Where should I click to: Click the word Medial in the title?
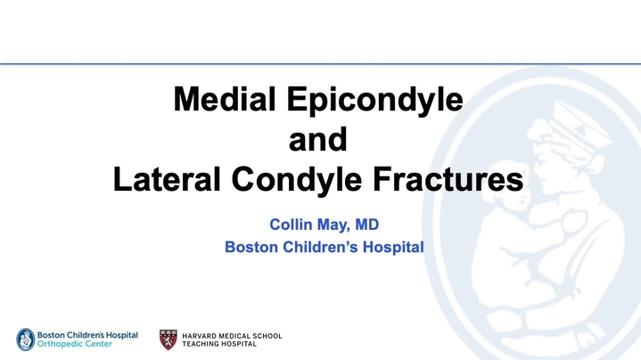[x=225, y=99]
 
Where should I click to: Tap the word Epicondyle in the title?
[x=374, y=101]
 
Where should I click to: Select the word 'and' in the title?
[x=318, y=139]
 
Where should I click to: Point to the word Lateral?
[x=167, y=179]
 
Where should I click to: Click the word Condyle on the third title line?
[x=297, y=181]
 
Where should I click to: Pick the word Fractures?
[x=448, y=179]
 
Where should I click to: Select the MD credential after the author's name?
[x=367, y=225]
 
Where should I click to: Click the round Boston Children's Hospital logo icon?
[x=25, y=340]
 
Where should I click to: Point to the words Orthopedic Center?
[x=74, y=344]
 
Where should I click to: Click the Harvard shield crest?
[x=168, y=340]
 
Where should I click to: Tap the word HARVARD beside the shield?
[x=199, y=336]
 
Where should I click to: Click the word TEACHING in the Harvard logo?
[x=201, y=344]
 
